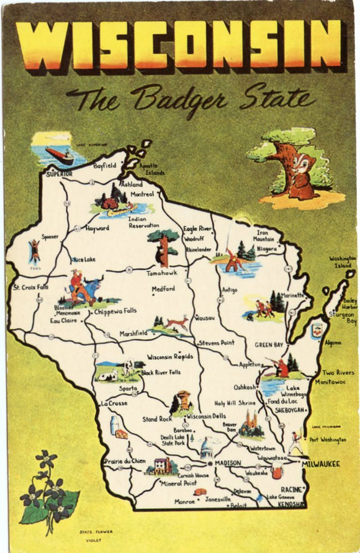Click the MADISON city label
(x=228, y=463)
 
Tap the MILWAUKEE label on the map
(x=321, y=463)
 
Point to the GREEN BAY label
(x=269, y=344)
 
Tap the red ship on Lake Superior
(x=60, y=155)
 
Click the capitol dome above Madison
(x=207, y=447)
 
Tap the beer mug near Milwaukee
(x=277, y=472)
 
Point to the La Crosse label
(x=113, y=403)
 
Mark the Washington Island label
(x=343, y=261)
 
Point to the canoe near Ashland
(x=123, y=210)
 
